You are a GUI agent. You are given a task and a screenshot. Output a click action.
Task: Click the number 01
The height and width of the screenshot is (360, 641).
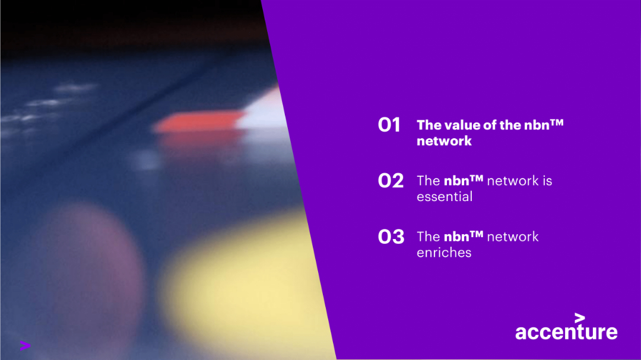pos(389,125)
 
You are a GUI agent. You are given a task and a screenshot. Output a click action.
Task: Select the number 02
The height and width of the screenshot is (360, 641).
pos(391,181)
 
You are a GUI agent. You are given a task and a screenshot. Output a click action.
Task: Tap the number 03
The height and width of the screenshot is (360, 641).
pos(391,237)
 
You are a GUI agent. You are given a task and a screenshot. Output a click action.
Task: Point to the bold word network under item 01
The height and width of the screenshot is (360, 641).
pos(444,141)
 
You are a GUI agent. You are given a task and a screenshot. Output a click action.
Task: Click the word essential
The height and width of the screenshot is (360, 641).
pos(445,196)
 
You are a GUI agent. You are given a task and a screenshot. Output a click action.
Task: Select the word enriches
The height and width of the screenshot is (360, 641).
pos(444,252)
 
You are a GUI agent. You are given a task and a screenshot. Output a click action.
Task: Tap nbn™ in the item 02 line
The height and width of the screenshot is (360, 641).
pos(464,180)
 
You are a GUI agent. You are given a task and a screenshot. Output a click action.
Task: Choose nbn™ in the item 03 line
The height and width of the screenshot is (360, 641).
pos(464,236)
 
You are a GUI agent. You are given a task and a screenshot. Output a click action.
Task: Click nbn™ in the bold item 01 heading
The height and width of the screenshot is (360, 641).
pos(544,125)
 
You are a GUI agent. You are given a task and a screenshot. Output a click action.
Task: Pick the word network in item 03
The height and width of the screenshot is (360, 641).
pos(513,236)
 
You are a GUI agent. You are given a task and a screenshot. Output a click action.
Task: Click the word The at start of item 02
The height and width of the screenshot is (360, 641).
pos(428,180)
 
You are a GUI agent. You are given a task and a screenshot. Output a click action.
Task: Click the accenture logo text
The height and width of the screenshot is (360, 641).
pos(566,332)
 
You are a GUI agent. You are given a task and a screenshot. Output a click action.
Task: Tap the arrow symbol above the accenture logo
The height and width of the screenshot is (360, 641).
pos(580,317)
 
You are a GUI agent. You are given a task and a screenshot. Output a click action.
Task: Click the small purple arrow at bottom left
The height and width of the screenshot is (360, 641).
pos(25,345)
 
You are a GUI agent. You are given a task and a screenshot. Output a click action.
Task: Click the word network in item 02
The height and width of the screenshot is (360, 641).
pos(513,180)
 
